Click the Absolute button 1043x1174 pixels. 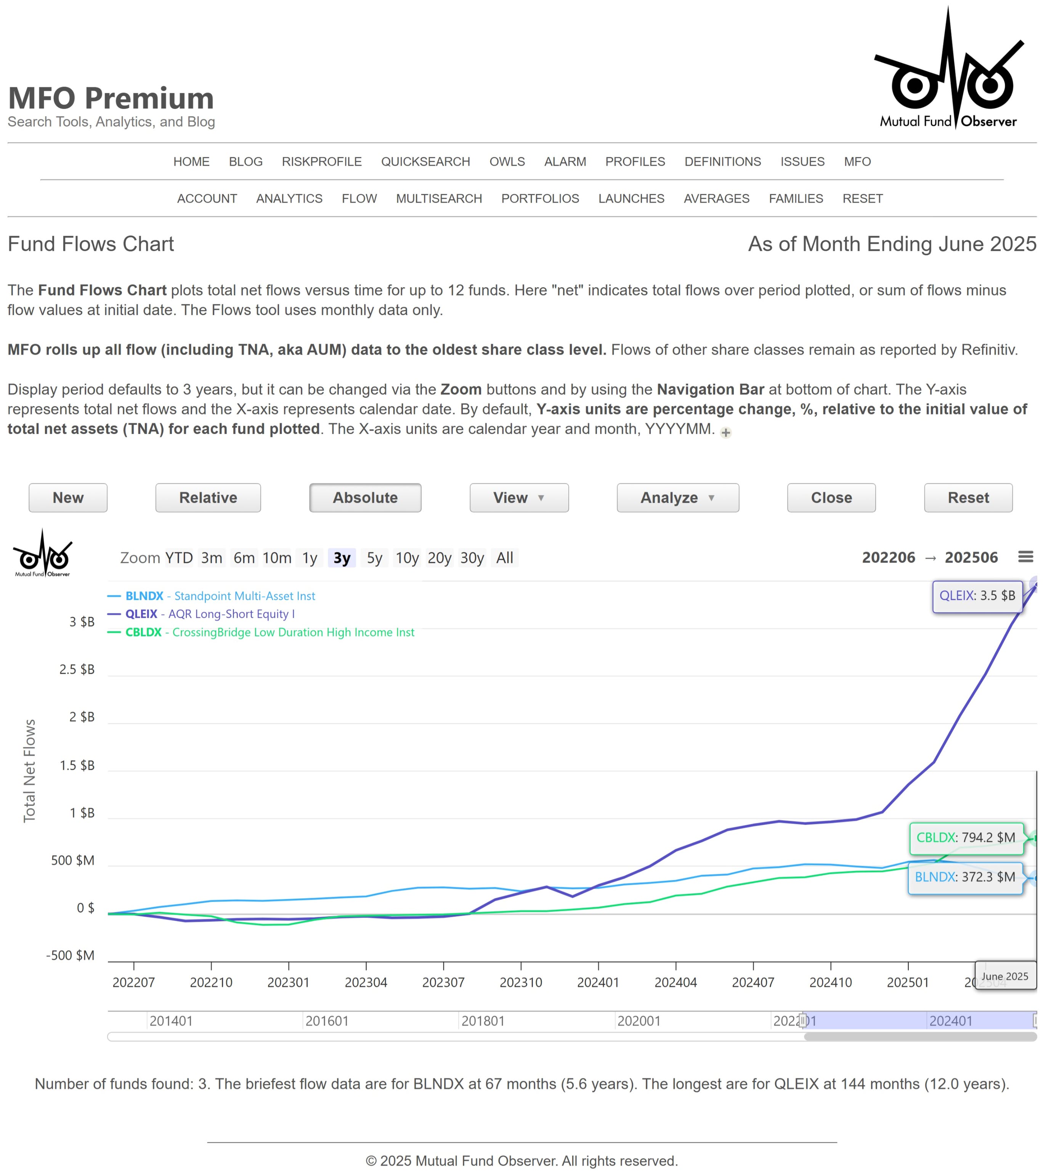click(x=365, y=497)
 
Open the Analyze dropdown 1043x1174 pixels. click(x=677, y=497)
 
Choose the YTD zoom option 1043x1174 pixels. click(x=179, y=558)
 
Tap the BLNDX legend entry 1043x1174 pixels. click(x=220, y=596)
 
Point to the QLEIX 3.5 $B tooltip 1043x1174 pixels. click(x=977, y=596)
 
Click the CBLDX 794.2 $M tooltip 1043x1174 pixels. click(x=965, y=837)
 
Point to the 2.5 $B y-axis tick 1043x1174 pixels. click(x=77, y=669)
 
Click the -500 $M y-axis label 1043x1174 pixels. click(x=70, y=955)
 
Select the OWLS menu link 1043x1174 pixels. click(x=507, y=162)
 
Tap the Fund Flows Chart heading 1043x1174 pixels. click(x=91, y=244)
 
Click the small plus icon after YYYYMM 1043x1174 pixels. click(x=726, y=432)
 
